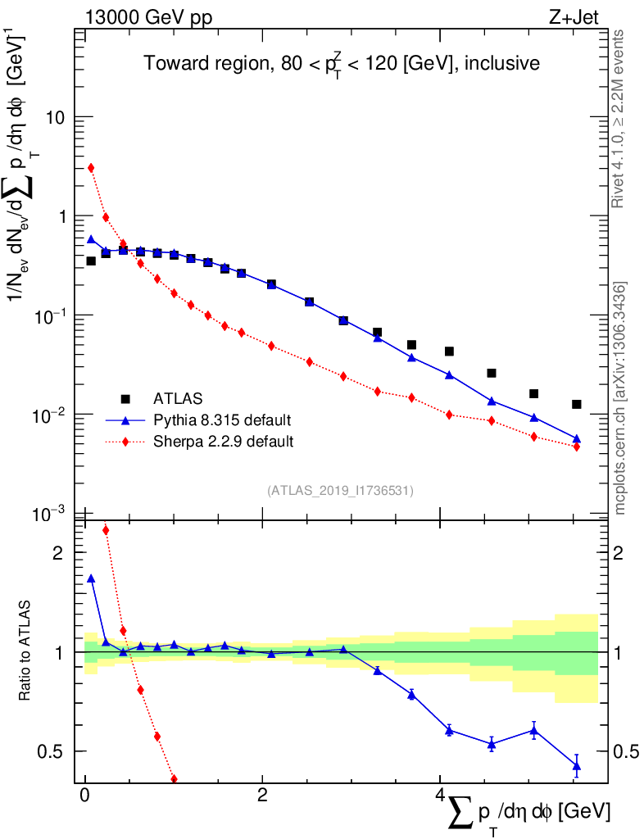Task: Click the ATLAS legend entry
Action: tap(176, 399)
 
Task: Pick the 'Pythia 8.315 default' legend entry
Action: tap(222, 420)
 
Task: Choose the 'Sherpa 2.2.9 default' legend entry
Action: tap(224, 442)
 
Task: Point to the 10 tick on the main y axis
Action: tap(54, 117)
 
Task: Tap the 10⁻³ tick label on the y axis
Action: tap(50, 514)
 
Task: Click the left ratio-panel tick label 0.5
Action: tap(52, 751)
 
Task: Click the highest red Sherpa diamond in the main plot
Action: tap(91, 168)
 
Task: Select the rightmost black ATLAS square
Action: tap(577, 404)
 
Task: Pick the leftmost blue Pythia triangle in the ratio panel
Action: tap(91, 578)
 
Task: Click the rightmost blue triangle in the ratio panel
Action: tap(577, 767)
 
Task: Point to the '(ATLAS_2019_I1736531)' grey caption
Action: tap(340, 491)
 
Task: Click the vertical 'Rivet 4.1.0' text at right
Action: tap(619, 119)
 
